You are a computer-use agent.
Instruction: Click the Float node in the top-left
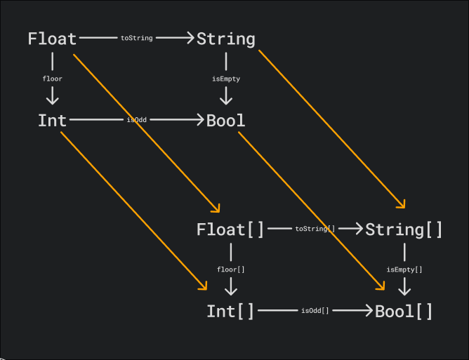[52, 39]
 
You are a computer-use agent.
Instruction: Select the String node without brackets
[225, 39]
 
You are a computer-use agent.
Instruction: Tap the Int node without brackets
[52, 121]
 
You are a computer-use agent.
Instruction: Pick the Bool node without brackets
[225, 121]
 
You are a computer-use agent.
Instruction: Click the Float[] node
[230, 229]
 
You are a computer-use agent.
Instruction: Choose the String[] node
[404, 229]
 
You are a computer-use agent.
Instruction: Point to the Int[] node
[230, 311]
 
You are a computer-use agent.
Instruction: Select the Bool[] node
[404, 311]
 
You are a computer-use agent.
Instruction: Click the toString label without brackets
[136, 39]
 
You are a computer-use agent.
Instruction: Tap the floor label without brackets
[53, 79]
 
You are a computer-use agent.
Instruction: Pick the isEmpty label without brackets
[225, 79]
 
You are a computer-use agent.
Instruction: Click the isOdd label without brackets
[136, 121]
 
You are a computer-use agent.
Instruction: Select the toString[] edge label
[315, 229]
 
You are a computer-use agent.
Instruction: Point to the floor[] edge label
[230, 269]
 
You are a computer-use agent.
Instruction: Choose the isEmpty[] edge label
[404, 269]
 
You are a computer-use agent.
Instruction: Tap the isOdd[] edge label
[315, 311]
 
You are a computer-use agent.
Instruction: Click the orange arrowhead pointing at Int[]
[204, 286]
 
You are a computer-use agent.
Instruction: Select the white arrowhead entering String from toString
[188, 39]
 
